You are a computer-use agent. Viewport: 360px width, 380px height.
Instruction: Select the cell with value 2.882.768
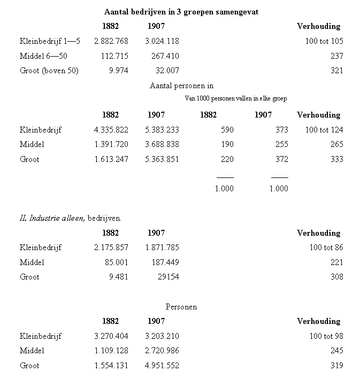coord(111,41)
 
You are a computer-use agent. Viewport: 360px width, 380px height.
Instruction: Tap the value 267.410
coord(163,56)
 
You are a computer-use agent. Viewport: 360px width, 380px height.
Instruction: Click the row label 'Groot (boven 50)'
coord(49,71)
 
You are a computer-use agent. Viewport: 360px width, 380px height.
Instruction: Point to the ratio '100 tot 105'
coord(324,41)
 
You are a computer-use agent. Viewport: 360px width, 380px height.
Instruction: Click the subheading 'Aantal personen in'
coord(182,86)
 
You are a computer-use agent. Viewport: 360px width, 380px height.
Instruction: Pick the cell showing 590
coord(227,130)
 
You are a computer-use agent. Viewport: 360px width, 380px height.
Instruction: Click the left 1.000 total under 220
coord(224,189)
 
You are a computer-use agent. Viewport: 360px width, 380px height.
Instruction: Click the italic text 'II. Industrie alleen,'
coord(51,218)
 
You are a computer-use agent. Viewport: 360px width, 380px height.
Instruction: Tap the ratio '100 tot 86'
coord(326,247)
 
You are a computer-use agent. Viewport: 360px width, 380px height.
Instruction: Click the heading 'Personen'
coord(181,307)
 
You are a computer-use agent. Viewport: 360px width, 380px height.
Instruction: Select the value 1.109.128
coord(111,351)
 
